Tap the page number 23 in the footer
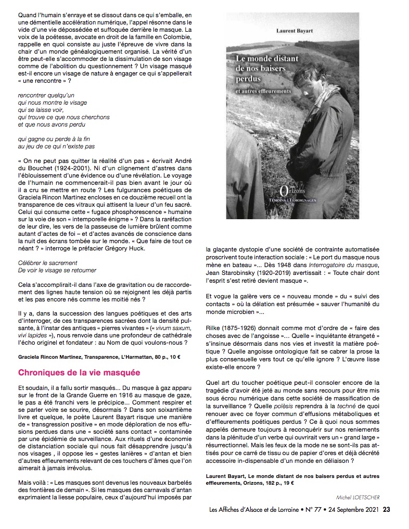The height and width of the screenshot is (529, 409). [387, 510]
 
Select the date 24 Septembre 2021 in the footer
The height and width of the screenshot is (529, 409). [353, 510]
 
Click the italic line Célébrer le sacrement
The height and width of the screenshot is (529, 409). [47, 263]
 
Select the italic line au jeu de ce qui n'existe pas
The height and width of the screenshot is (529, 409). [64, 147]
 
